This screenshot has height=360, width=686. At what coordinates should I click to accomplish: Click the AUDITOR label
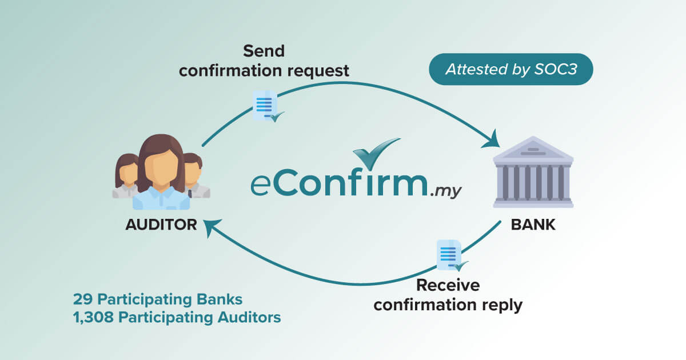161,224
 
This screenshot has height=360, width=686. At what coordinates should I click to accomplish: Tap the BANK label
533,224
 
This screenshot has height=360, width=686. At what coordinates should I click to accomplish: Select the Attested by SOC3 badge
510,70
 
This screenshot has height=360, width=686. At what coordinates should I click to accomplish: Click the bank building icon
533,173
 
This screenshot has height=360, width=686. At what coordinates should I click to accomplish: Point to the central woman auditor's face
161,165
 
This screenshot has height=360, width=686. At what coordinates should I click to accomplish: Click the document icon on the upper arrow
265,106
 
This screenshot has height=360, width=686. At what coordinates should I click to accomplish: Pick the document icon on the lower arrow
449,255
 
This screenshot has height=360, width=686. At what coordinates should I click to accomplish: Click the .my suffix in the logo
445,193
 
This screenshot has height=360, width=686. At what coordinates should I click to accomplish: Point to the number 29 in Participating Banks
81,299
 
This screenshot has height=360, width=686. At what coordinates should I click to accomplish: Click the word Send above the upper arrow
264,51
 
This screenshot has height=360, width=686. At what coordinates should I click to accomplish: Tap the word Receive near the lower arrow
448,285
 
